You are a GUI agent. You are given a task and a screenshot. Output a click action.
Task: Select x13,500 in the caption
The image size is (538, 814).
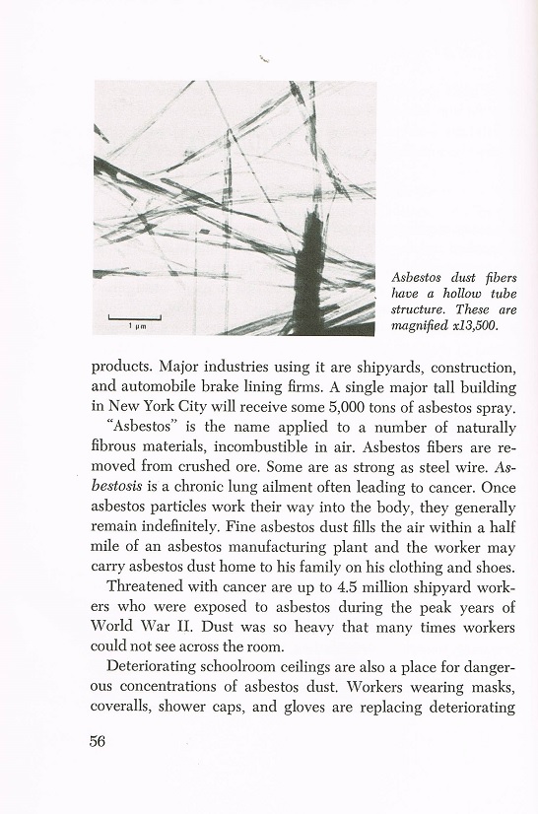tap(473, 324)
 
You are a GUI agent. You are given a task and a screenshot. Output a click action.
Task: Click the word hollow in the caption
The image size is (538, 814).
tap(442, 294)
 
